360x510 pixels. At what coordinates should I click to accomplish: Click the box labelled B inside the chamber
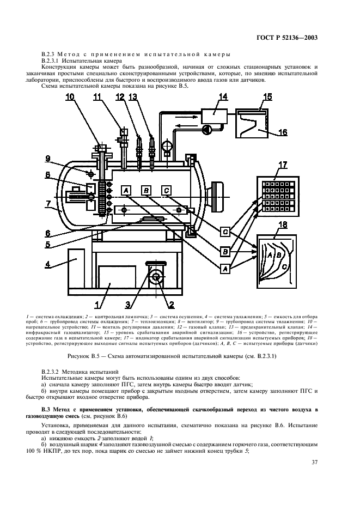tap(145, 190)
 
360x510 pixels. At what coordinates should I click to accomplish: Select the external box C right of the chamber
tap(224, 232)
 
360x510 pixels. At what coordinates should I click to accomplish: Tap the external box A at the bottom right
tap(224, 268)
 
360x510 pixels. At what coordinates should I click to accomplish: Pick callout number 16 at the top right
tap(282, 132)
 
